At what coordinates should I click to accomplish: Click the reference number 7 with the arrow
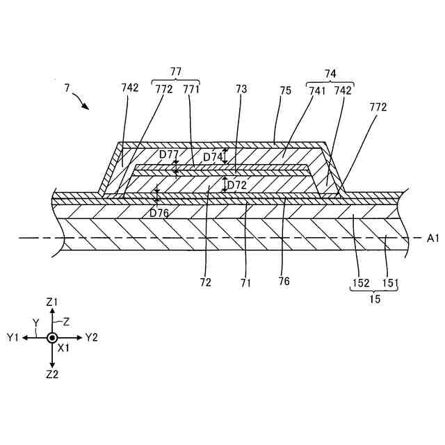(x=67, y=88)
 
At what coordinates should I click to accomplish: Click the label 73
(x=241, y=89)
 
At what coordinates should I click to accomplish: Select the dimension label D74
(x=212, y=157)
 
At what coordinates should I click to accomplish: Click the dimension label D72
(x=237, y=186)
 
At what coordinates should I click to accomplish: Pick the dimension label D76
(x=159, y=212)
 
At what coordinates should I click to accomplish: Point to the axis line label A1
(x=433, y=238)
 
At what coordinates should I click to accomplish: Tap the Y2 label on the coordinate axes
(x=91, y=337)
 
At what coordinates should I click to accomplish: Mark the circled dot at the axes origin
(x=52, y=337)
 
